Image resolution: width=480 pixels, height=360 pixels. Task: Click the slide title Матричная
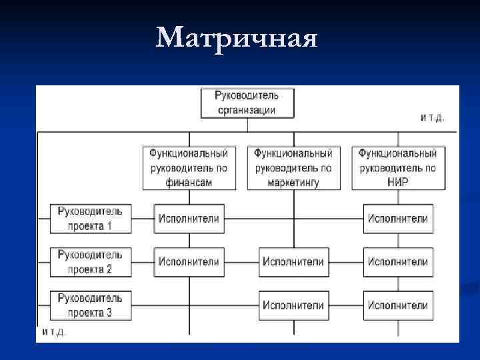click(x=236, y=39)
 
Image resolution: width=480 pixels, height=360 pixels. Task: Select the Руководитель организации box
click(x=247, y=102)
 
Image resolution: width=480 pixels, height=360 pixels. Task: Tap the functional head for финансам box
click(x=189, y=167)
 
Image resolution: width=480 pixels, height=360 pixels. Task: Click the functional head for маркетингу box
click(x=293, y=167)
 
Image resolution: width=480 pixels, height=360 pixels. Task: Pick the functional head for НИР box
click(x=397, y=167)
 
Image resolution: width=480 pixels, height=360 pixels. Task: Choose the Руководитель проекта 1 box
click(x=90, y=218)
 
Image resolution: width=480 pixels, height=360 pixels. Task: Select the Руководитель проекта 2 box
click(x=90, y=262)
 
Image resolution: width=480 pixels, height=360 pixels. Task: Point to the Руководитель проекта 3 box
click(x=90, y=305)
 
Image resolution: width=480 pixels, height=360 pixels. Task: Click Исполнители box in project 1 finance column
click(x=189, y=218)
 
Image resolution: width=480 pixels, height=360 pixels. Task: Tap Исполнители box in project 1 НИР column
click(x=397, y=218)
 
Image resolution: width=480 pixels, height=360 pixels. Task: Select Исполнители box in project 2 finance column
click(x=189, y=262)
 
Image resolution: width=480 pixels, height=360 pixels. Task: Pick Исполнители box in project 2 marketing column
click(x=293, y=262)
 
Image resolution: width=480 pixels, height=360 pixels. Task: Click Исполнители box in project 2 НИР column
click(x=397, y=262)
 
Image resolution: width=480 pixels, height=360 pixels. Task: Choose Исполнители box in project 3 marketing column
click(x=293, y=305)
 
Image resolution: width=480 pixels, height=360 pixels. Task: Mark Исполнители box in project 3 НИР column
click(x=397, y=305)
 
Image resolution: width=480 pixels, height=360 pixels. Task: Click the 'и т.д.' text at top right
click(x=433, y=117)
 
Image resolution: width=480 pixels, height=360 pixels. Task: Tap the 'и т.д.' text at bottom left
click(x=55, y=331)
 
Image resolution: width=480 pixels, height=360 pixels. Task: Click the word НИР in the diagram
click(x=397, y=181)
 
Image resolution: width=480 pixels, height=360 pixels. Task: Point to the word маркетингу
click(x=293, y=181)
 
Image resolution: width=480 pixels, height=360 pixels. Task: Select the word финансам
click(x=189, y=181)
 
